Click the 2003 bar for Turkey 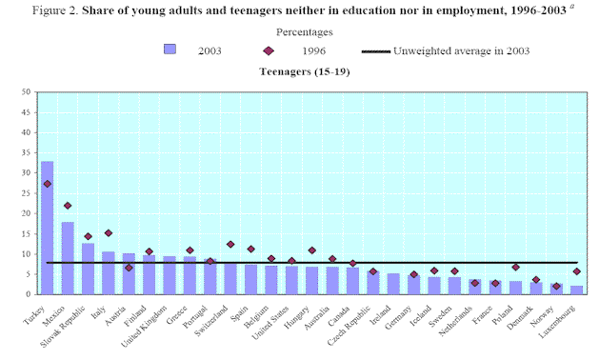48,228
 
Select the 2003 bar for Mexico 68,258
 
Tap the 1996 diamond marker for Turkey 48,184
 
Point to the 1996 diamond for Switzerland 230,244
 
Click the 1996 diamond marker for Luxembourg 576,271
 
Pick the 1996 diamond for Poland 516,267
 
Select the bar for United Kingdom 170,275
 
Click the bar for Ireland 393,284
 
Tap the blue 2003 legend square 170,50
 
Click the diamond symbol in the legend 269,50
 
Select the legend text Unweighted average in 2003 462,50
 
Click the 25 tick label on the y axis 26,193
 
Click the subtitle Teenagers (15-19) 305,71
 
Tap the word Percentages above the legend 305,32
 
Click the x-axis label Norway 542,316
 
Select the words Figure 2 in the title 55,10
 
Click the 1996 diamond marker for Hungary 311,250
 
